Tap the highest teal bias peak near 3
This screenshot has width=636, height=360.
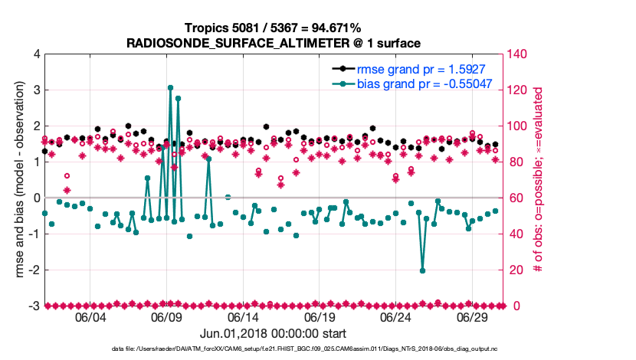point(170,88)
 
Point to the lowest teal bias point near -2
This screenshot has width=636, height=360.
point(422,270)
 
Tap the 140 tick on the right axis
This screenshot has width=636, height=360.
point(519,54)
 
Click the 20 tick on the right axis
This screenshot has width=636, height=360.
point(516,270)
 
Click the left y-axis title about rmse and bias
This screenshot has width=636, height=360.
point(17,180)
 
